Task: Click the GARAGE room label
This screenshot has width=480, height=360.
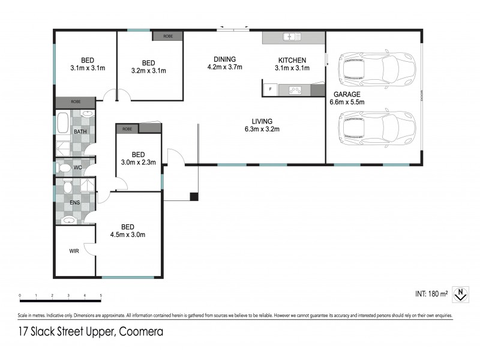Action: [x=347, y=94]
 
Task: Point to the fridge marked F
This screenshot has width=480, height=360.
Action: [x=270, y=90]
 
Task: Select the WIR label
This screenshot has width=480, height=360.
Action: [x=74, y=251]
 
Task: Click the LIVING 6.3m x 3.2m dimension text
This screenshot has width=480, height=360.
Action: [x=262, y=129]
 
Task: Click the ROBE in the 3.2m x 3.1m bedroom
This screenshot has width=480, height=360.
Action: [x=167, y=36]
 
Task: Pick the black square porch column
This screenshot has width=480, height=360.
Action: [x=194, y=196]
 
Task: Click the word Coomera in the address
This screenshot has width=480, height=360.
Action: [x=142, y=331]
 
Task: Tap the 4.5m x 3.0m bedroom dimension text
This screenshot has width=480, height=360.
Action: [x=127, y=235]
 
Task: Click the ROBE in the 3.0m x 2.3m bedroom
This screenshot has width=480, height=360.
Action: [x=127, y=128]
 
